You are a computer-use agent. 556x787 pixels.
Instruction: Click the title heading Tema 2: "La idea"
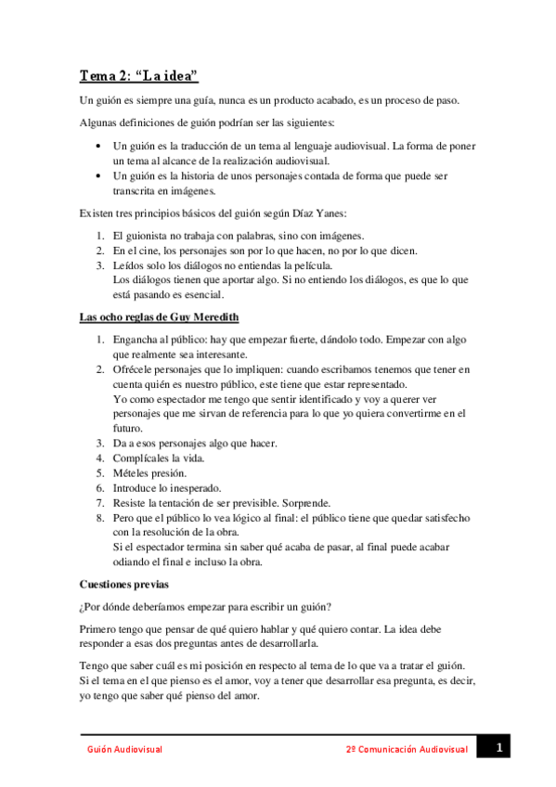(138, 76)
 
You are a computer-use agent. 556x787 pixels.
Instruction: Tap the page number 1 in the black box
(498, 747)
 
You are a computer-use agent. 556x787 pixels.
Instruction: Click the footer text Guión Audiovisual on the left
(124, 749)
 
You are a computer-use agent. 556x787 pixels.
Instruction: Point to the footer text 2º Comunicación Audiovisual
(406, 749)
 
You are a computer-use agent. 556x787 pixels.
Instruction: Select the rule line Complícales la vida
(158, 458)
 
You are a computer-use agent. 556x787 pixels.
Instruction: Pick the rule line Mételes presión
(149, 472)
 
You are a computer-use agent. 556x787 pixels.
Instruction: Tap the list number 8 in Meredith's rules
(100, 517)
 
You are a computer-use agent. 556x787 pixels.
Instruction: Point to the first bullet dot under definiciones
(99, 147)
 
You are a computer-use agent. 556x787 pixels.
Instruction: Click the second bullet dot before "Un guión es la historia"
(99, 176)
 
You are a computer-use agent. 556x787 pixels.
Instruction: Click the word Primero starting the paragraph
(99, 632)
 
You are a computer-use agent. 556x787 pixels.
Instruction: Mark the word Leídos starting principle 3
(129, 265)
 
